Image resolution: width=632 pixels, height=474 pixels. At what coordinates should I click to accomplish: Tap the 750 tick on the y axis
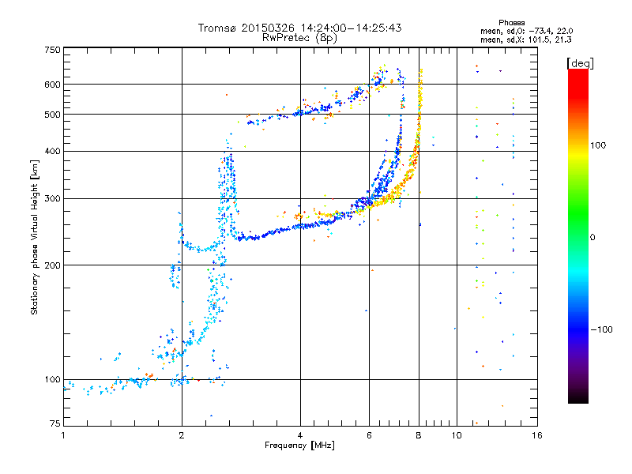click(53, 50)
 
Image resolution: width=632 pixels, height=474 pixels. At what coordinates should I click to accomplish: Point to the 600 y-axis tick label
click(53, 85)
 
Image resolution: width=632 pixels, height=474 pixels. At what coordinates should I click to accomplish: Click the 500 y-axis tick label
click(53, 115)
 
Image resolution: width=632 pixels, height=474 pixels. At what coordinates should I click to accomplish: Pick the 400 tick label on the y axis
click(53, 151)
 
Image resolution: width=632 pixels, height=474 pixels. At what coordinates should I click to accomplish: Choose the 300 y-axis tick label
click(53, 198)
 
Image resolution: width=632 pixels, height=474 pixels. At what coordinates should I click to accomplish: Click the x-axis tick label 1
click(63, 434)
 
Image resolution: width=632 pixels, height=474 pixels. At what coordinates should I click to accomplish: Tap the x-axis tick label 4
click(300, 434)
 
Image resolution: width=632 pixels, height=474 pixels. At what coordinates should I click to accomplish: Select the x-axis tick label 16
click(536, 434)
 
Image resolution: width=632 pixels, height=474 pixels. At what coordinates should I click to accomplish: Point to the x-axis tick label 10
click(456, 434)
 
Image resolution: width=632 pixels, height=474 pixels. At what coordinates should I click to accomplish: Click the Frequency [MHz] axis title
click(299, 446)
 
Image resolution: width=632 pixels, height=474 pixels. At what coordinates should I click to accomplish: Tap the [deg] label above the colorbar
click(580, 62)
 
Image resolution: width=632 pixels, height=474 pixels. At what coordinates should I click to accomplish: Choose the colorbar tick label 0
click(594, 237)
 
